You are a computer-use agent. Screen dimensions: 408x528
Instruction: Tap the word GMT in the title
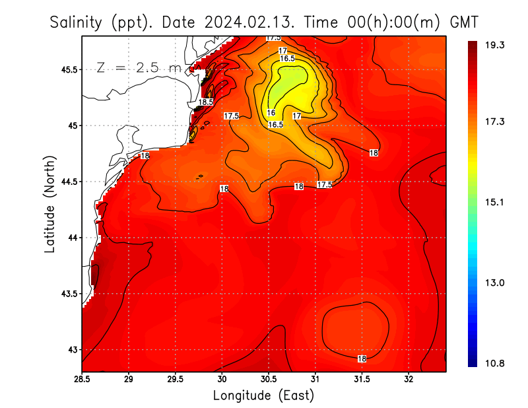click(465, 22)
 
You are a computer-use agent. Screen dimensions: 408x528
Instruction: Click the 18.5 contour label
click(207, 102)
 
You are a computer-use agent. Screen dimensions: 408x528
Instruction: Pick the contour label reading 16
click(271, 113)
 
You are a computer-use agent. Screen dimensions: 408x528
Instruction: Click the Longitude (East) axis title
click(263, 395)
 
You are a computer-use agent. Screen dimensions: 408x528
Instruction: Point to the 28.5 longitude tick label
click(82, 380)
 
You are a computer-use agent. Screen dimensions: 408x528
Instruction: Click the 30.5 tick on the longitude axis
click(269, 380)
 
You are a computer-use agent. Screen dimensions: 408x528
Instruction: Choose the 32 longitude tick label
click(409, 380)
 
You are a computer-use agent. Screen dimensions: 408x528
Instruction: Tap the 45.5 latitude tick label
click(68, 69)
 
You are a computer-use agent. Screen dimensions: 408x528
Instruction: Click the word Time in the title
click(323, 22)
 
